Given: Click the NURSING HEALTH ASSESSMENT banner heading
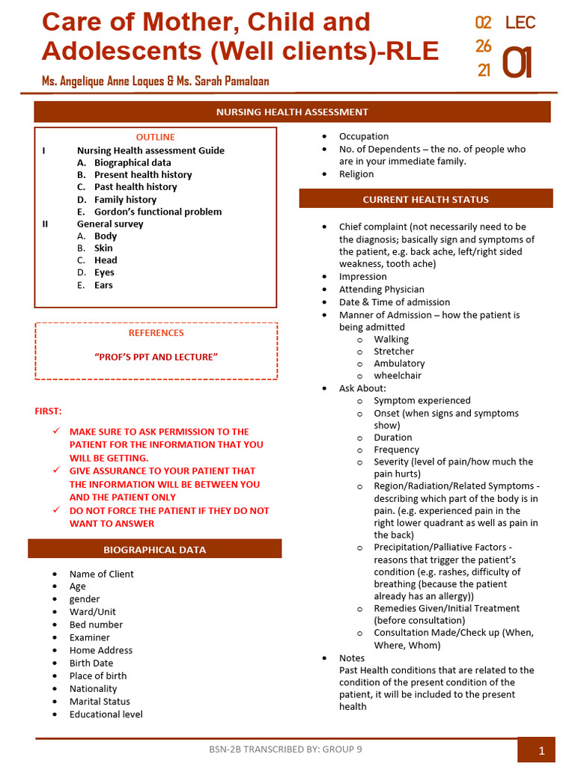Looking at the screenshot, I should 292,112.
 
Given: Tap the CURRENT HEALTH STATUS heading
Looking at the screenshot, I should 425,199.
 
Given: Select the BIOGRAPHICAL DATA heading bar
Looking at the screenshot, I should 154,550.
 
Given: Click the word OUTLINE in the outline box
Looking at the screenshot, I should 155,137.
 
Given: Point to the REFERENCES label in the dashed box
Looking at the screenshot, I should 156,333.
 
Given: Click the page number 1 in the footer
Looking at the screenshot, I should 541,751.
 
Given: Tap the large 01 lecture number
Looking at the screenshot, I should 517,63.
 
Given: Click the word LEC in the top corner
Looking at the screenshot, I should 520,22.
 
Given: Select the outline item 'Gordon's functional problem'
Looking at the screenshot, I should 157,212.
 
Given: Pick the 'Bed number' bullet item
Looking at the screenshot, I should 96,625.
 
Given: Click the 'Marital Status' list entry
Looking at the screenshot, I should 100,702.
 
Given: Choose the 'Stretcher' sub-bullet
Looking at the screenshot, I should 394,352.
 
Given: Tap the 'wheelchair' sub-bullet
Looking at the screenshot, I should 398,376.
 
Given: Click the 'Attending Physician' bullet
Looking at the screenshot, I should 381,289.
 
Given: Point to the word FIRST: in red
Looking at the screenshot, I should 49,411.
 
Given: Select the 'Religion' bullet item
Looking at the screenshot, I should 356,174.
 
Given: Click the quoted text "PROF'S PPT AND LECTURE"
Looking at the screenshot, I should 156,357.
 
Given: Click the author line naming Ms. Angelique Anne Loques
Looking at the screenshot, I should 155,81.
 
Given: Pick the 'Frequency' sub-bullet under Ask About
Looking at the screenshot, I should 396,450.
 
